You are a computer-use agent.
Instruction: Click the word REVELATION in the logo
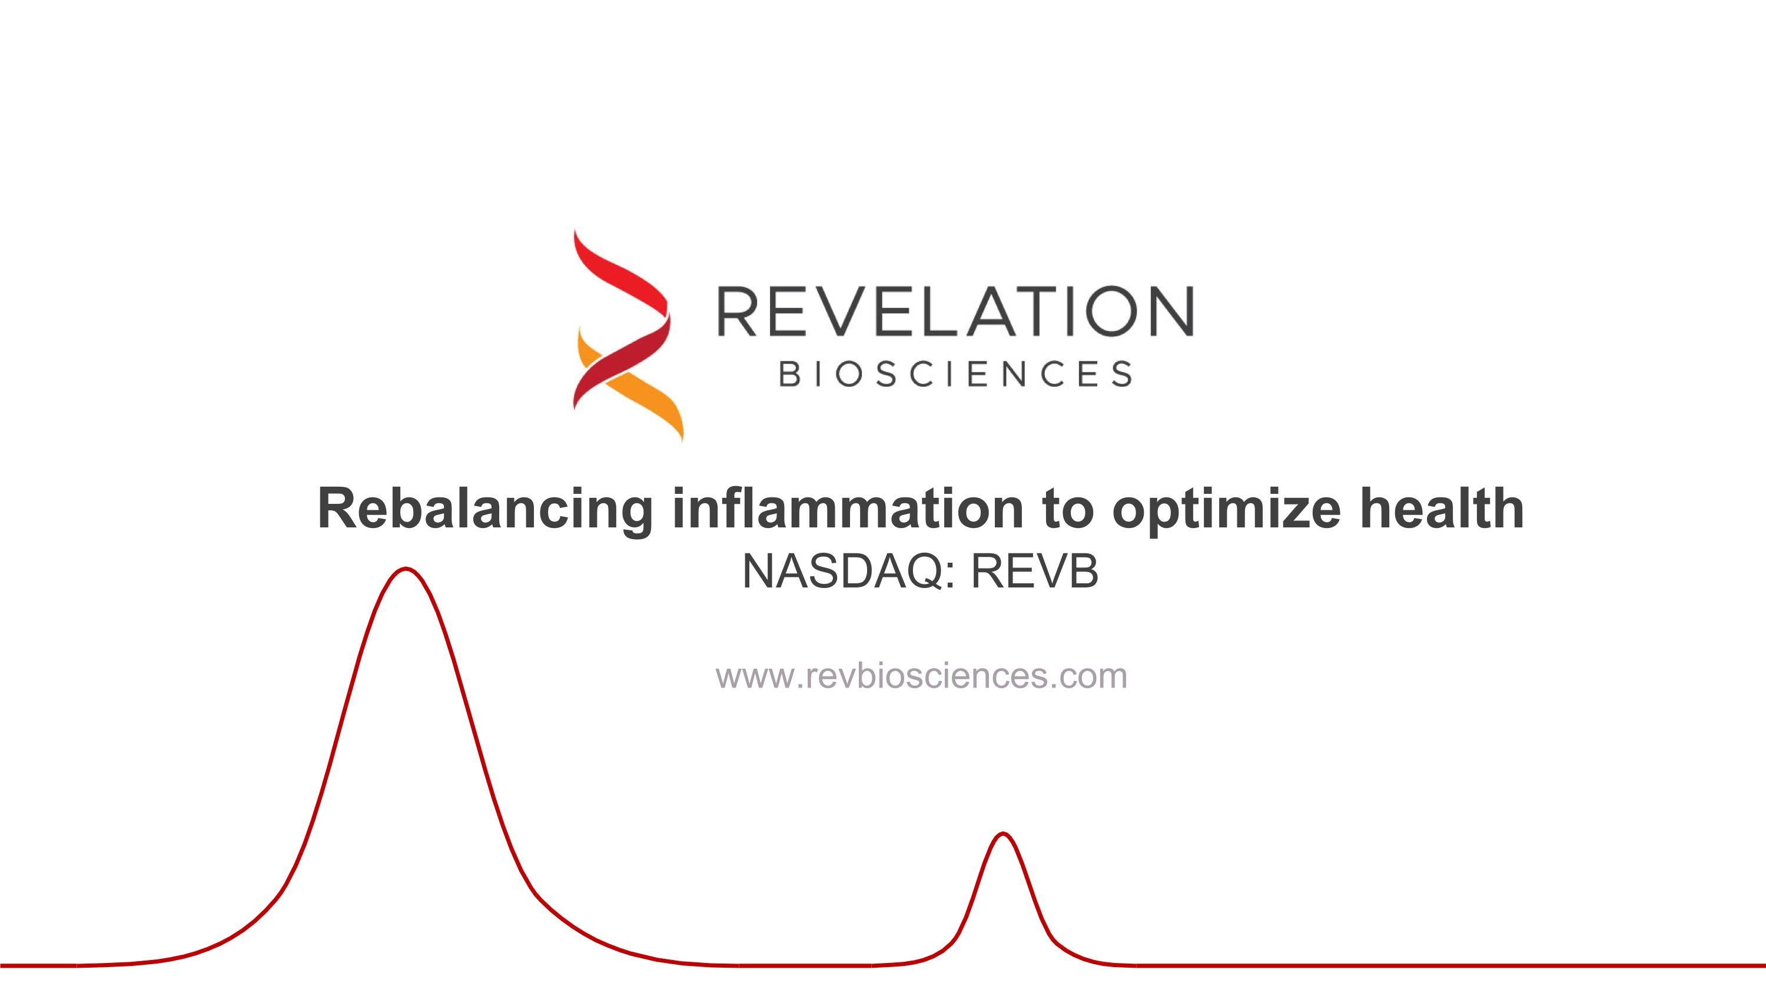(x=955, y=312)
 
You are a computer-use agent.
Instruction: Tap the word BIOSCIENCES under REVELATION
(x=955, y=374)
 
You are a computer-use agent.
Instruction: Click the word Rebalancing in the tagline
(x=484, y=509)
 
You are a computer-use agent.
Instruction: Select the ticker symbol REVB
(x=1034, y=572)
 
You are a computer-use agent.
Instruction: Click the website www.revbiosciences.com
(x=921, y=676)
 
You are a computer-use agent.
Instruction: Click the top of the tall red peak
(x=406, y=569)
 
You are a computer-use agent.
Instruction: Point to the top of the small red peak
(x=1003, y=834)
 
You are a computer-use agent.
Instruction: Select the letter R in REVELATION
(x=736, y=312)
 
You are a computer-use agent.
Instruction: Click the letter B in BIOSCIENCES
(x=791, y=374)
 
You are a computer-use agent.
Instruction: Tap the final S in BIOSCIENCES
(x=1121, y=374)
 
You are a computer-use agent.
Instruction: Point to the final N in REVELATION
(x=1169, y=312)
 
